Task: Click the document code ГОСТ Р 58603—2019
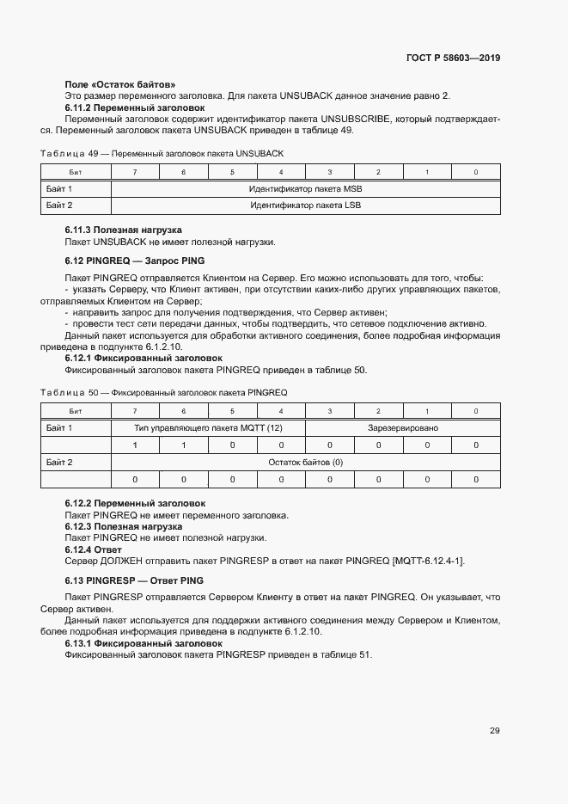[x=453, y=58]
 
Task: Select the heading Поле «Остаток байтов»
[x=120, y=84]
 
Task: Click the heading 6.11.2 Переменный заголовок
[x=135, y=107]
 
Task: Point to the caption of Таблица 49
[x=162, y=153]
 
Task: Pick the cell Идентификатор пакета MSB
[x=306, y=188]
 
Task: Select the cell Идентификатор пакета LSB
[x=306, y=206]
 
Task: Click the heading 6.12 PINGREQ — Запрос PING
[x=135, y=260]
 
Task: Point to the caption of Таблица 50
[x=164, y=392]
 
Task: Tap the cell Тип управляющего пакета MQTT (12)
[x=208, y=427]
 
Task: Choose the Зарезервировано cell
[x=403, y=427]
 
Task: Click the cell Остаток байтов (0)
[x=306, y=462]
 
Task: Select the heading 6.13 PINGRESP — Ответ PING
[x=134, y=580]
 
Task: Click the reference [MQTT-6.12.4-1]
[x=428, y=561]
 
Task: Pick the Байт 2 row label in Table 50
[x=59, y=462]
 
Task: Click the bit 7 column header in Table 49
[x=135, y=173]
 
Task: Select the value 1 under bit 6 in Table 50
[x=184, y=445]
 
